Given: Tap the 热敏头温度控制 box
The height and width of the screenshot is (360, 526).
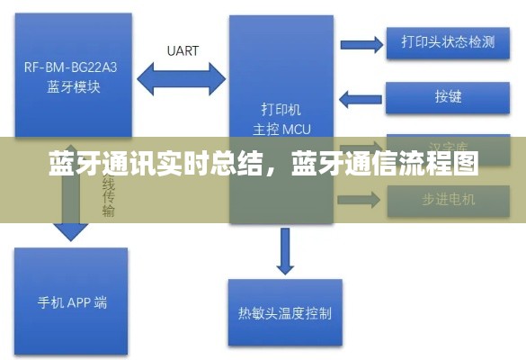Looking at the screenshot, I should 284,312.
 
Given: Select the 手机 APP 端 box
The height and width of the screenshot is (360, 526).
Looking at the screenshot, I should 71,301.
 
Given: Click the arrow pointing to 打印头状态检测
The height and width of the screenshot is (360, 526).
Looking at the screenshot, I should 361,43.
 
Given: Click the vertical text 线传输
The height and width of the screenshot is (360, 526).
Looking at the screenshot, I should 108,196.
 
